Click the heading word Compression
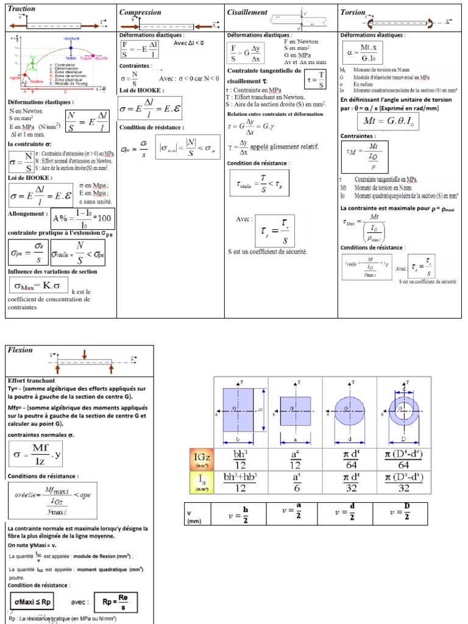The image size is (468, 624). [x=140, y=12]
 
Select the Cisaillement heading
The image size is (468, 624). [x=247, y=12]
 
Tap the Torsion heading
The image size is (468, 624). [x=353, y=12]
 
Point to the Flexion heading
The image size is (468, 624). [x=21, y=351]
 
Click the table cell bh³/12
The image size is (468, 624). [x=239, y=458]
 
